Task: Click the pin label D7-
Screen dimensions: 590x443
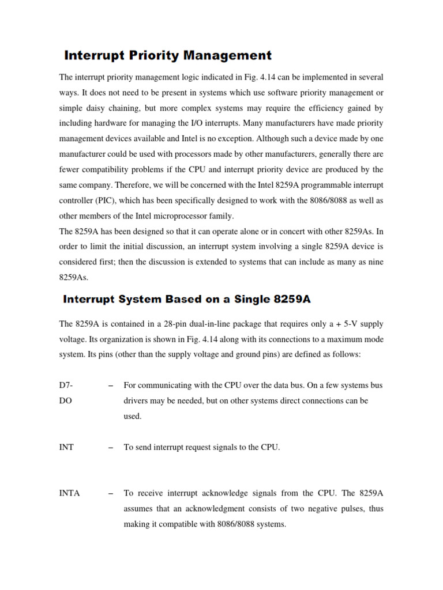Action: [x=66, y=385]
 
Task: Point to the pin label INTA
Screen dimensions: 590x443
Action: [x=70, y=493]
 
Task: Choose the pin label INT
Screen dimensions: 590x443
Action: [x=66, y=447]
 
